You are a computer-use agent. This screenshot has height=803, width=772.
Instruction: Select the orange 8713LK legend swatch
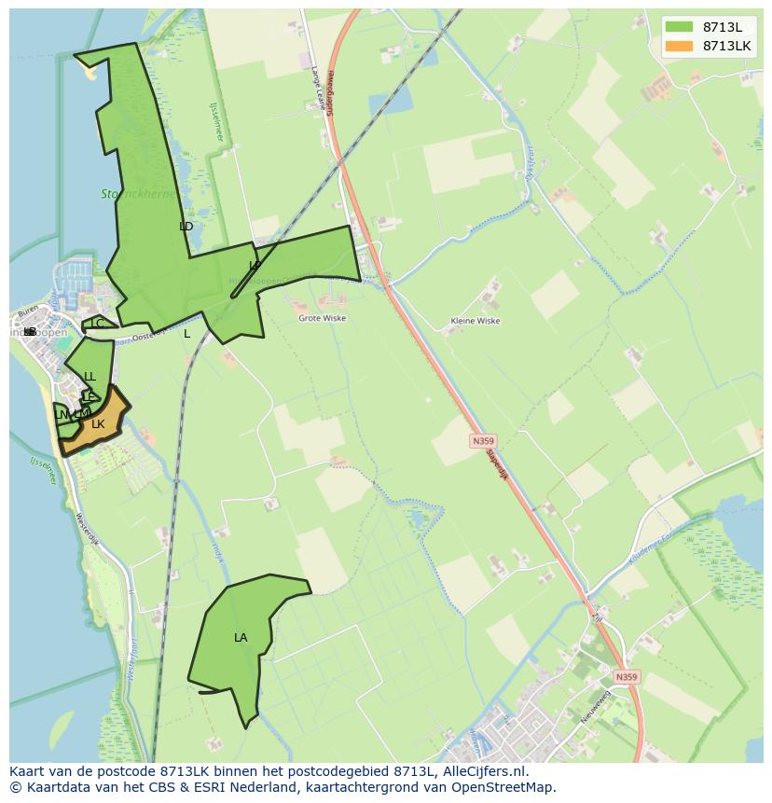coord(680,46)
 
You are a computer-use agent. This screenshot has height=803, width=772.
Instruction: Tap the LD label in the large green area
coord(186,227)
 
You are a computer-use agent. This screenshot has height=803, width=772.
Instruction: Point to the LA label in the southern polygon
coord(241,638)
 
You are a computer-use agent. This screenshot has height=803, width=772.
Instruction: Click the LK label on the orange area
coord(98,424)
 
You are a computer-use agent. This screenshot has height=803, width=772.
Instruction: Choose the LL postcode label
coord(90,377)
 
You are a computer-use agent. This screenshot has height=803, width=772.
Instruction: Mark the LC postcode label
coord(97,324)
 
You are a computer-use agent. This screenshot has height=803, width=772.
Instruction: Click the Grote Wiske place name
coord(322,318)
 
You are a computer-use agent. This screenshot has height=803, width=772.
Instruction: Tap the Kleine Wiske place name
coord(475,321)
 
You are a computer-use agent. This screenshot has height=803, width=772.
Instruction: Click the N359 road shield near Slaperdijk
coord(482,440)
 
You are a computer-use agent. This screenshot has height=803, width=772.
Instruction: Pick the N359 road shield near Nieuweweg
coord(627,677)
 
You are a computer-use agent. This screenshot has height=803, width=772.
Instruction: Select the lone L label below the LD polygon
coord(186,334)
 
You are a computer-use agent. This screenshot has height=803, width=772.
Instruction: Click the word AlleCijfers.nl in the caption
coord(484,771)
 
